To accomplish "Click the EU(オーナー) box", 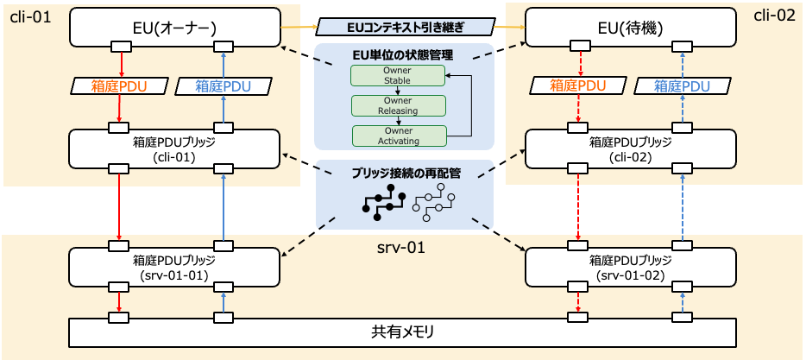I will click(x=174, y=27).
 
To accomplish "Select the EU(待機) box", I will click(x=631, y=27).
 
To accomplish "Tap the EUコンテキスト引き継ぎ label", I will click(x=404, y=28).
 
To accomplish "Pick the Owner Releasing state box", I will click(x=398, y=106).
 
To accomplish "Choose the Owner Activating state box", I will click(x=398, y=136).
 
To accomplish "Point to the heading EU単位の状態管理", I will click(x=403, y=55).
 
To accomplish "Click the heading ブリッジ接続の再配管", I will click(x=404, y=173).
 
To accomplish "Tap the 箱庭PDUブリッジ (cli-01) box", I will click(x=174, y=148).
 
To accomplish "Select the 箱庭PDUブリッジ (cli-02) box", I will click(x=631, y=148).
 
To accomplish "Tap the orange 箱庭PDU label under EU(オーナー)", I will click(x=118, y=86).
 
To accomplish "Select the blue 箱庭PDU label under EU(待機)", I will click(x=681, y=86).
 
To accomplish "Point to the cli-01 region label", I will click(x=28, y=17).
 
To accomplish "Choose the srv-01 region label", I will click(x=403, y=248).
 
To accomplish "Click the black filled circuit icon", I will click(x=382, y=204).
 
